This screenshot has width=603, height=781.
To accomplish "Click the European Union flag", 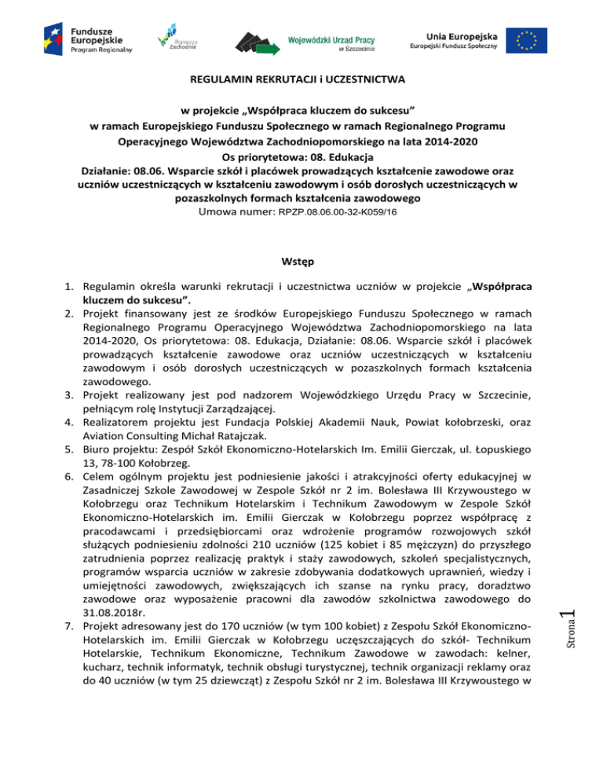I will (x=532, y=38).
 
